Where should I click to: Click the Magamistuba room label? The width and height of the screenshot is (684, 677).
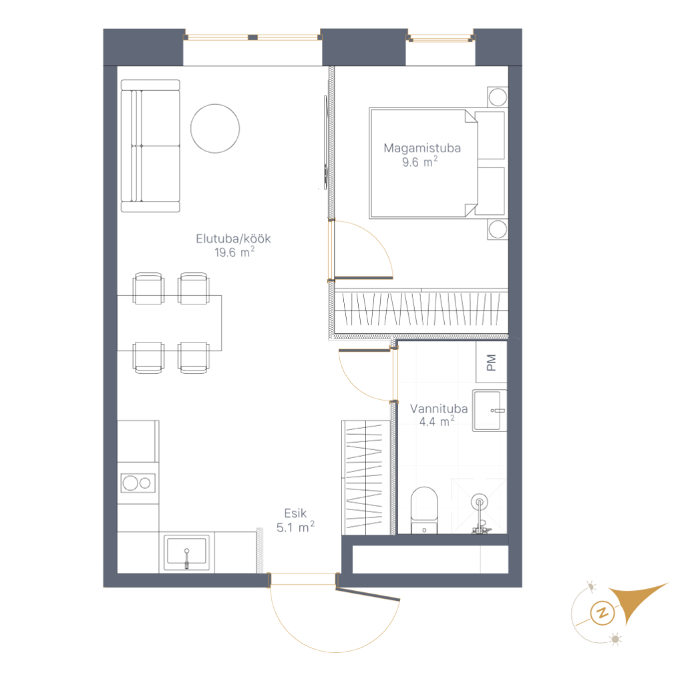click(x=422, y=148)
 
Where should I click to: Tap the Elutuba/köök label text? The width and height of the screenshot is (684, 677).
click(x=233, y=238)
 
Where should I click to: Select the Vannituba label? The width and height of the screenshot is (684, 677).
click(x=439, y=409)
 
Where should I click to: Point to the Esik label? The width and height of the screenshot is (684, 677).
click(x=295, y=513)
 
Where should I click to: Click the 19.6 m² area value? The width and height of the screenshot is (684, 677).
click(x=234, y=252)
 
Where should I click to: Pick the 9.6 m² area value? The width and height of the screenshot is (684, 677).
click(x=419, y=162)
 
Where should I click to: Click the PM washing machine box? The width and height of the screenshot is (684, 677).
click(x=491, y=363)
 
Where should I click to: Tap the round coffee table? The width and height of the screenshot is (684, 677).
click(x=215, y=128)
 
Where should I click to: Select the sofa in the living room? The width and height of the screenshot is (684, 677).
click(x=150, y=146)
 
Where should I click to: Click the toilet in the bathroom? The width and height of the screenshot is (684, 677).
click(x=424, y=510)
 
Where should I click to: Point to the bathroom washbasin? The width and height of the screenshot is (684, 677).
click(x=490, y=411)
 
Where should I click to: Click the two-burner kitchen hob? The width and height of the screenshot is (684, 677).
click(x=138, y=483)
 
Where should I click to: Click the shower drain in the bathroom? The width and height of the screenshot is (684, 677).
click(x=480, y=502)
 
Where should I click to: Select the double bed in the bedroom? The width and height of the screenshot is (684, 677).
click(x=437, y=163)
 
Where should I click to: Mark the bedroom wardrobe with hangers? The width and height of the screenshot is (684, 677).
click(x=421, y=308)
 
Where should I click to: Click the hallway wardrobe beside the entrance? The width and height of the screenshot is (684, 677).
click(x=366, y=477)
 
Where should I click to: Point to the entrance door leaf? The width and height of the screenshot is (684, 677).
click(x=368, y=594)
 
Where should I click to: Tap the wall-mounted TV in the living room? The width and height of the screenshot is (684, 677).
click(x=325, y=142)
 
